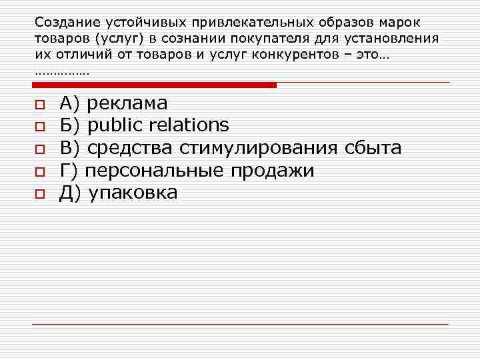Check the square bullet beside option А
(x=39, y=105)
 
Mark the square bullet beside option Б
(x=39, y=126)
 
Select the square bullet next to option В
(x=39, y=149)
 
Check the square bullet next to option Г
(x=39, y=171)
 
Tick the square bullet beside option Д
(x=39, y=194)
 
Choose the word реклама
(x=127, y=104)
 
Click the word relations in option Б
(x=189, y=125)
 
